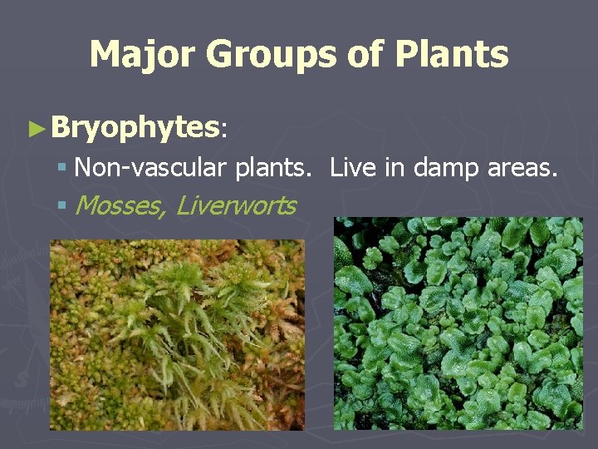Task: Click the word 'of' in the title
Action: (365, 55)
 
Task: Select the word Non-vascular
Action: (150, 168)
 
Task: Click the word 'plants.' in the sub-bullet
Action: (273, 169)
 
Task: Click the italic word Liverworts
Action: (236, 205)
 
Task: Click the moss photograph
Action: (176, 334)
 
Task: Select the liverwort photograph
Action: (458, 323)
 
